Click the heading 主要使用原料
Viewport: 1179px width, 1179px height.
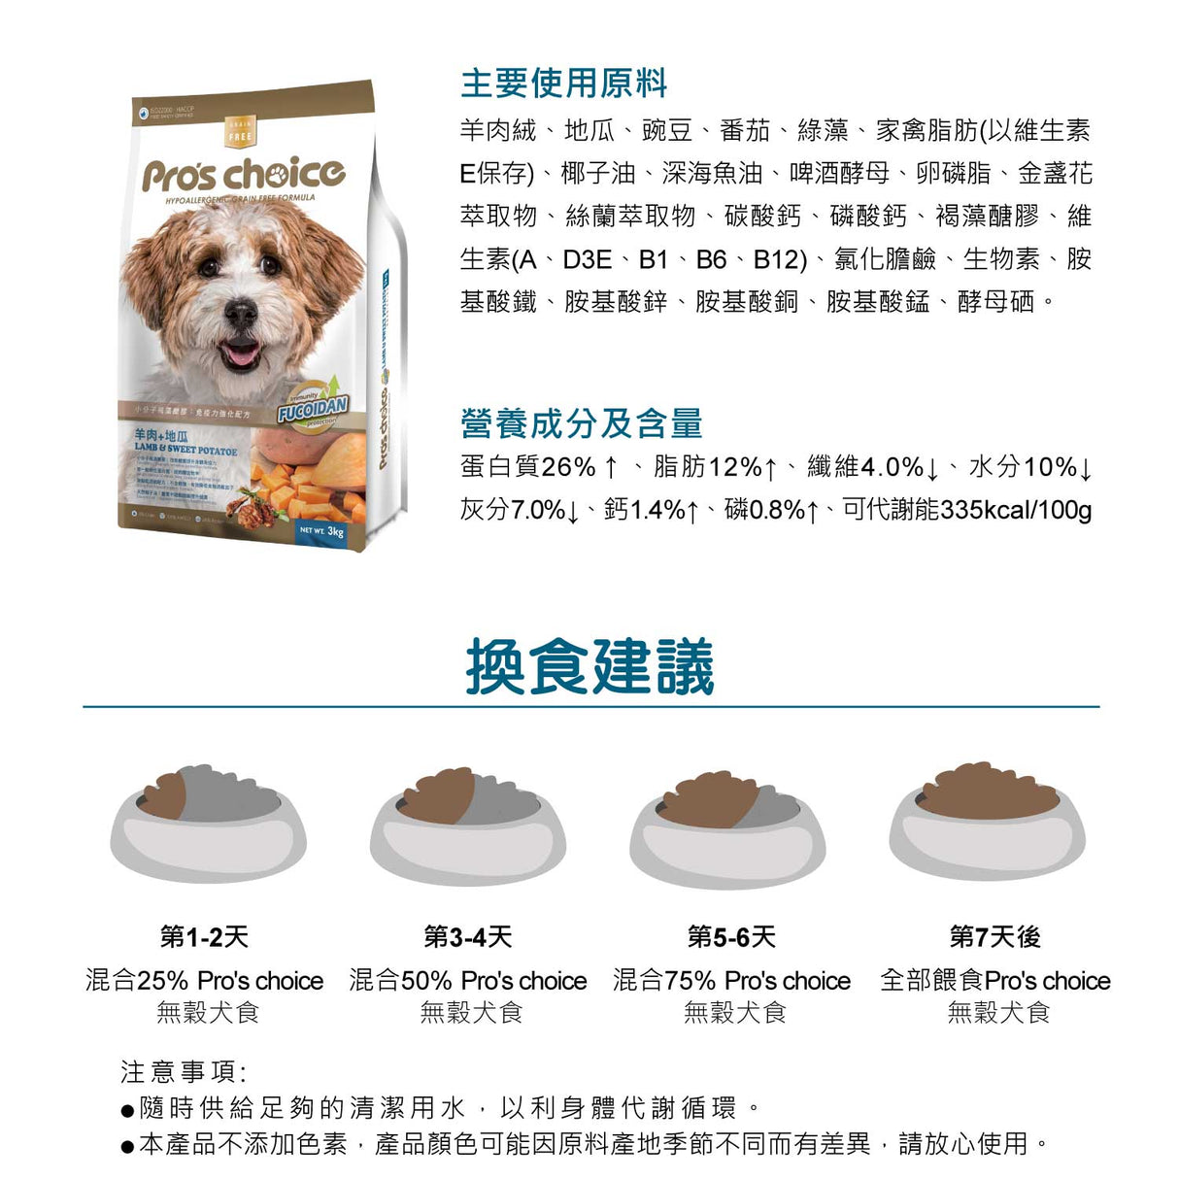tap(563, 84)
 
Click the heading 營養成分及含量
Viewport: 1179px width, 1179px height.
tap(581, 423)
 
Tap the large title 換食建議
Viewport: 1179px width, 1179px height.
tap(589, 667)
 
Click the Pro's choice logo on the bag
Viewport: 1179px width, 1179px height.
tap(243, 175)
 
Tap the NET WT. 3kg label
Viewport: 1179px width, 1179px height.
tap(321, 531)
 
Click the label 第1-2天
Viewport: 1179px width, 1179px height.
tap(204, 937)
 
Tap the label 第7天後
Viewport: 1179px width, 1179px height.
tap(994, 937)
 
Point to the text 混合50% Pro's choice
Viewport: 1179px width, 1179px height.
tap(468, 981)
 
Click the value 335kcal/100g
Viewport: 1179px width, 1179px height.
tap(1016, 510)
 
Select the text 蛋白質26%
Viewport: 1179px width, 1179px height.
tap(527, 467)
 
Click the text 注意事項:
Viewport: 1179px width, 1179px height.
tap(184, 1071)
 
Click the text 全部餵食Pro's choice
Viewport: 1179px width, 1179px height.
tap(994, 981)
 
